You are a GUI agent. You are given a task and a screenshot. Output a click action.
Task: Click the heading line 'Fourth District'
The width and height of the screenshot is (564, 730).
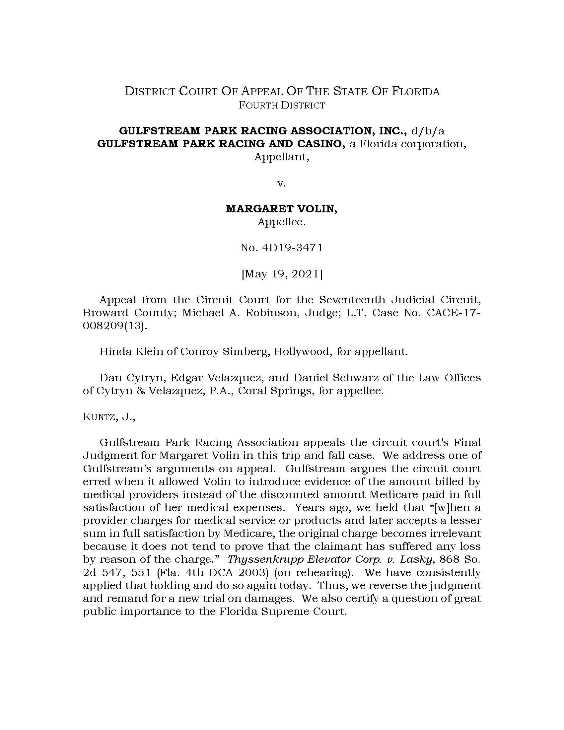(281, 106)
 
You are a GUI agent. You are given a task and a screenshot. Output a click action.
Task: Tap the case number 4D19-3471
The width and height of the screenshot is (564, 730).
(281, 248)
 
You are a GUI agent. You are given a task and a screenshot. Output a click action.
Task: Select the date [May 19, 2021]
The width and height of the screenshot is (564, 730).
(281, 274)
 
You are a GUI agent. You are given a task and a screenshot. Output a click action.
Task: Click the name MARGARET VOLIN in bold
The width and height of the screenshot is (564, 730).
(281, 209)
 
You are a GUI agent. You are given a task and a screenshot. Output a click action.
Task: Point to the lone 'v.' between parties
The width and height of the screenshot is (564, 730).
(281, 183)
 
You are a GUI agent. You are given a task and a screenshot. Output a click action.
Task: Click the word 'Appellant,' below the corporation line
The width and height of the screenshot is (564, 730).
(281, 157)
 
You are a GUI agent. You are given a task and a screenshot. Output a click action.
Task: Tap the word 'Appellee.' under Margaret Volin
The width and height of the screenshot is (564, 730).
(281, 222)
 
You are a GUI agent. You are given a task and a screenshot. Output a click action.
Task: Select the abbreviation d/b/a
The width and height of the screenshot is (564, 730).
(428, 131)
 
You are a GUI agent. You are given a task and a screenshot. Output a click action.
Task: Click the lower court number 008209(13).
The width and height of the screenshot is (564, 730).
(115, 326)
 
